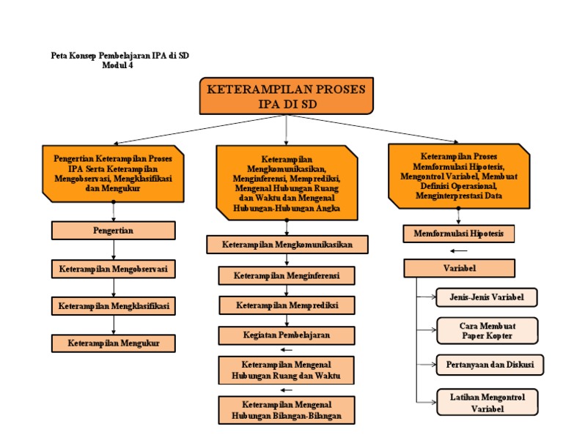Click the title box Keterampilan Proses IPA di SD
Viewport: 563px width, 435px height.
coord(286,96)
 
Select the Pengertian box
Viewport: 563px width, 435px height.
coord(113,230)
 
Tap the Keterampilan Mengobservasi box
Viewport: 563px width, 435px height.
coord(113,269)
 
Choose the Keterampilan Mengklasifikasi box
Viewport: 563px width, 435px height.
coord(113,305)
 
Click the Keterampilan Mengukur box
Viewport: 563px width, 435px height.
coord(113,343)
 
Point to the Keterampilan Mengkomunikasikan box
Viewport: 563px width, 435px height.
coord(287,244)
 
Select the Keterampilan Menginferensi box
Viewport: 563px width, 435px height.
coord(287,275)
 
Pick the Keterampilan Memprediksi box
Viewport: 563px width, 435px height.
coord(287,305)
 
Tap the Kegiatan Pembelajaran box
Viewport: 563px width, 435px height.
coord(287,335)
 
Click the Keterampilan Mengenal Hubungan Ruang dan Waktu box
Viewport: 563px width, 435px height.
coord(287,370)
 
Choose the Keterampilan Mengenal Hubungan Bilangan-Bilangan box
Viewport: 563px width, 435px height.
coord(287,410)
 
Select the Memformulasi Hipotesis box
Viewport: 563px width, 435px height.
coord(459,234)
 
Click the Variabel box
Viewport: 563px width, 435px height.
coord(459,268)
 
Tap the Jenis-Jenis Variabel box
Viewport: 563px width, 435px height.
coord(487,297)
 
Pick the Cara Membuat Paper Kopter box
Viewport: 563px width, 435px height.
coord(487,330)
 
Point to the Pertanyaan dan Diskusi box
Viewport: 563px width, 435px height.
coord(487,364)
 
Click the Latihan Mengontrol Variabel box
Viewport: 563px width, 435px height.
coord(487,403)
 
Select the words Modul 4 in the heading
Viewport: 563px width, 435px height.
coord(117,65)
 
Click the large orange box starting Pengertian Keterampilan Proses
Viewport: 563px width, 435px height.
coord(113,173)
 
